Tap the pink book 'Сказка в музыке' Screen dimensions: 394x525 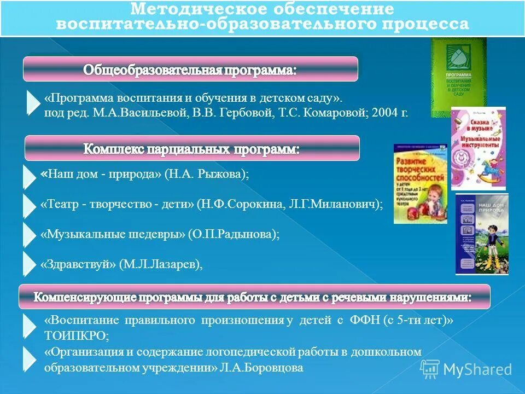pos(478,141)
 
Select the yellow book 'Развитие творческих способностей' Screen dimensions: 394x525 pos(420,183)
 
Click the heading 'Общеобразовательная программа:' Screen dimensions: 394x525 pos(190,69)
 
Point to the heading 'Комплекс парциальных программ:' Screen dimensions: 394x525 pos(191,148)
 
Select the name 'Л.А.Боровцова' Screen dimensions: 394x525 pos(261,368)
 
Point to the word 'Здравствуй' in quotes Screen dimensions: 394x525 pos(79,264)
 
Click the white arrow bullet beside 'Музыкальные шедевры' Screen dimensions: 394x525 pos(29,234)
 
